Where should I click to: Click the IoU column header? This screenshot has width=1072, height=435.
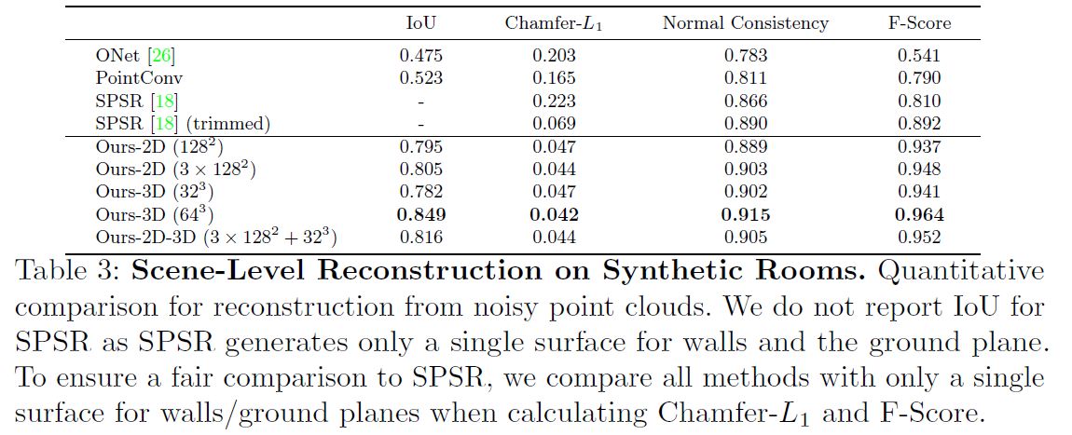pyautogui.click(x=420, y=22)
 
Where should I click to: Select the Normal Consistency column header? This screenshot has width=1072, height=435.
pyautogui.click(x=745, y=22)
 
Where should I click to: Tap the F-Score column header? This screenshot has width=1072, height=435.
pyautogui.click(x=918, y=22)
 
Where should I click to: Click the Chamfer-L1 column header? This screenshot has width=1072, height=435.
pyautogui.click(x=554, y=23)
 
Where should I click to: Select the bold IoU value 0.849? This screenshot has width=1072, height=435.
pyautogui.click(x=421, y=215)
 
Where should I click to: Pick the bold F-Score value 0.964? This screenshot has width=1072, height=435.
pyautogui.click(x=919, y=215)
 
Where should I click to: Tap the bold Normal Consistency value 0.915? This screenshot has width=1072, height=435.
pyautogui.click(x=746, y=215)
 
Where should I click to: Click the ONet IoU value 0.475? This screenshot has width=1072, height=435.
pyautogui.click(x=421, y=55)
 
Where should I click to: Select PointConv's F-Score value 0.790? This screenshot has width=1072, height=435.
pyautogui.click(x=919, y=78)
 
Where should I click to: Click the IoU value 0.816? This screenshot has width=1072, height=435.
pyautogui.click(x=421, y=238)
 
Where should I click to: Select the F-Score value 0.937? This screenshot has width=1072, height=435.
pyautogui.click(x=919, y=146)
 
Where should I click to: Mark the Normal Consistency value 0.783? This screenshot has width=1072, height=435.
pyautogui.click(x=746, y=55)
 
